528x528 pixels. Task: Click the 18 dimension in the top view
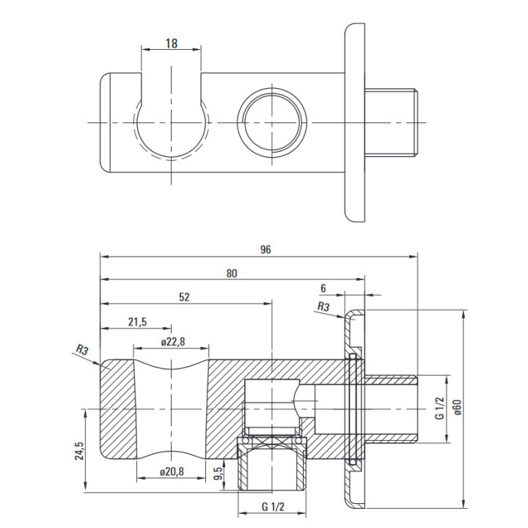(x=171, y=43)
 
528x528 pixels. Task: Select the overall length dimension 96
(x=265, y=249)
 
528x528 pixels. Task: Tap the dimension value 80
(x=232, y=273)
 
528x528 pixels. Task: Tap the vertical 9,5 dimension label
(x=219, y=473)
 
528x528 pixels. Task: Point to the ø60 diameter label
(x=457, y=408)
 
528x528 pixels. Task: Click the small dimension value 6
(x=322, y=288)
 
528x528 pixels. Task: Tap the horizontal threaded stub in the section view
(x=392, y=409)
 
